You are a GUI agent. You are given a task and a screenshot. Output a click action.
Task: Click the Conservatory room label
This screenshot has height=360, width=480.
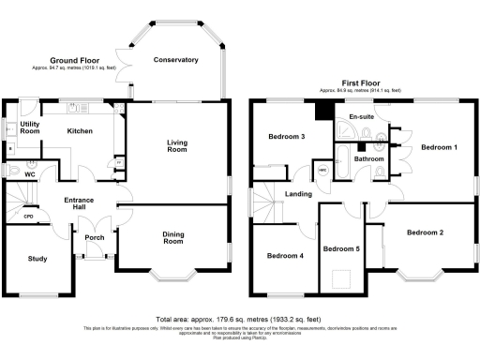point(176,60)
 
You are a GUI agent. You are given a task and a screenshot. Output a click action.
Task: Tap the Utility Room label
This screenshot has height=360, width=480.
point(30,127)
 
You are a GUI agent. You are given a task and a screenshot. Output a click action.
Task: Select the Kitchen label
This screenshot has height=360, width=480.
point(81,131)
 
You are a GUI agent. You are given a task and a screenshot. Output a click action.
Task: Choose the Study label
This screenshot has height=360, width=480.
point(37,259)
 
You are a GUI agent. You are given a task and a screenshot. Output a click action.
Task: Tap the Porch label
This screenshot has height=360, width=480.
point(95,236)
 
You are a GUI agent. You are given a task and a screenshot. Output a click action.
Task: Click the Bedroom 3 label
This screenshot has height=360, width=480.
point(287,137)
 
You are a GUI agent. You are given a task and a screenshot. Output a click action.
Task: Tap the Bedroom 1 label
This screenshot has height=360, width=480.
point(439,147)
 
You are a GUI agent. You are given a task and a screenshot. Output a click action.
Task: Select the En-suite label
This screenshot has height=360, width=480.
point(361,117)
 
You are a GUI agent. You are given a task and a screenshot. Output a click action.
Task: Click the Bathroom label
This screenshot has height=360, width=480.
point(368,159)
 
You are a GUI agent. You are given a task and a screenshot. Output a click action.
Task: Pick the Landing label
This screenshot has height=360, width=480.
point(300,194)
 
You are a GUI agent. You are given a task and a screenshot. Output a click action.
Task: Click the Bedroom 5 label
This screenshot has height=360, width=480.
point(341,249)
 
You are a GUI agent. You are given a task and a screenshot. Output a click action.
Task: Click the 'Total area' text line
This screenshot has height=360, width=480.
point(240,320)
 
